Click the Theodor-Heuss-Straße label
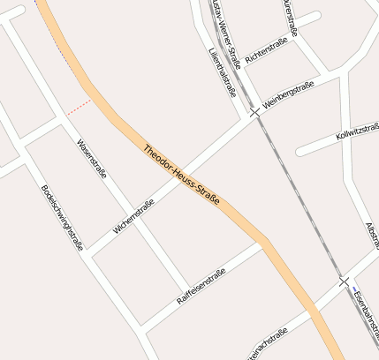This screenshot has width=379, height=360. pos(180,174)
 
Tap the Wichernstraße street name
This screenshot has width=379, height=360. pos(133,216)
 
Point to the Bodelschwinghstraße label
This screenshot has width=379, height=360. pos(62,217)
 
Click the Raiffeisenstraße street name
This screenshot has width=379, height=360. pos(201,286)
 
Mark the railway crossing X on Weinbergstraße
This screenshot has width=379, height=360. pos(254,113)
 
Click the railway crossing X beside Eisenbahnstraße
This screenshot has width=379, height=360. pos(343,281)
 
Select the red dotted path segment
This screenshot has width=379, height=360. pos(78,107)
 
